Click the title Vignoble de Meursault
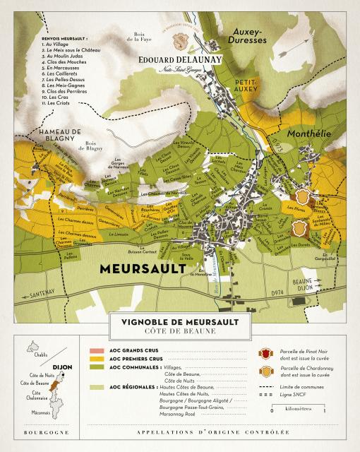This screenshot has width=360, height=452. point(180,322)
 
